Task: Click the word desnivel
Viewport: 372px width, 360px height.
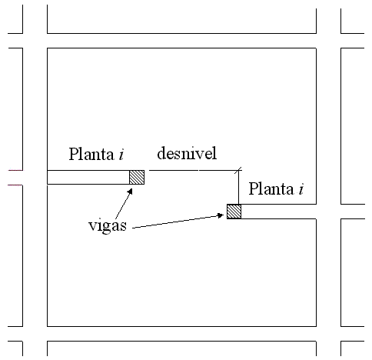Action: [187, 153]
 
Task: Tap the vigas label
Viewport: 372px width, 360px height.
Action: [108, 226]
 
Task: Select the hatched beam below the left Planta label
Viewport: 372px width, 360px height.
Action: [137, 177]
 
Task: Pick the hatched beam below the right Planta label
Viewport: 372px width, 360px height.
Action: [234, 212]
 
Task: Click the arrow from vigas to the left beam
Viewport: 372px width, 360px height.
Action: [124, 204]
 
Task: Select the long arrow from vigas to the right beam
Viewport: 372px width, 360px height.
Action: [178, 222]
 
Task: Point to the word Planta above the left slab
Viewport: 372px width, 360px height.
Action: [91, 154]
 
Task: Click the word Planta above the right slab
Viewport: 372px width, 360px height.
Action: [271, 189]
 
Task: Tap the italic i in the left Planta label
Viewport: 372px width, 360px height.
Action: [121, 155]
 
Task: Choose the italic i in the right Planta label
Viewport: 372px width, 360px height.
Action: [301, 189]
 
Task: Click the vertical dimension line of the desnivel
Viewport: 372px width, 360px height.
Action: [239, 187]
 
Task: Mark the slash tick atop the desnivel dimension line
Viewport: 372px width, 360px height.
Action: [238, 170]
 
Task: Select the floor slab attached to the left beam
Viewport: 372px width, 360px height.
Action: [88, 177]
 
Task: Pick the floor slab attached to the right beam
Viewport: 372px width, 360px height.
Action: [278, 212]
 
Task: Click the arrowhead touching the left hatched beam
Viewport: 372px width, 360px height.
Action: [130, 192]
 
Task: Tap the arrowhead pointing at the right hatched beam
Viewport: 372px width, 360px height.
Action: [220, 215]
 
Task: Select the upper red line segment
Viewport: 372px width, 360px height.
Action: [15, 170]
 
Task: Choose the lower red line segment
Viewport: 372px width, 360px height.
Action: [15, 185]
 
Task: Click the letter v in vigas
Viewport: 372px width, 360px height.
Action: [92, 225]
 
